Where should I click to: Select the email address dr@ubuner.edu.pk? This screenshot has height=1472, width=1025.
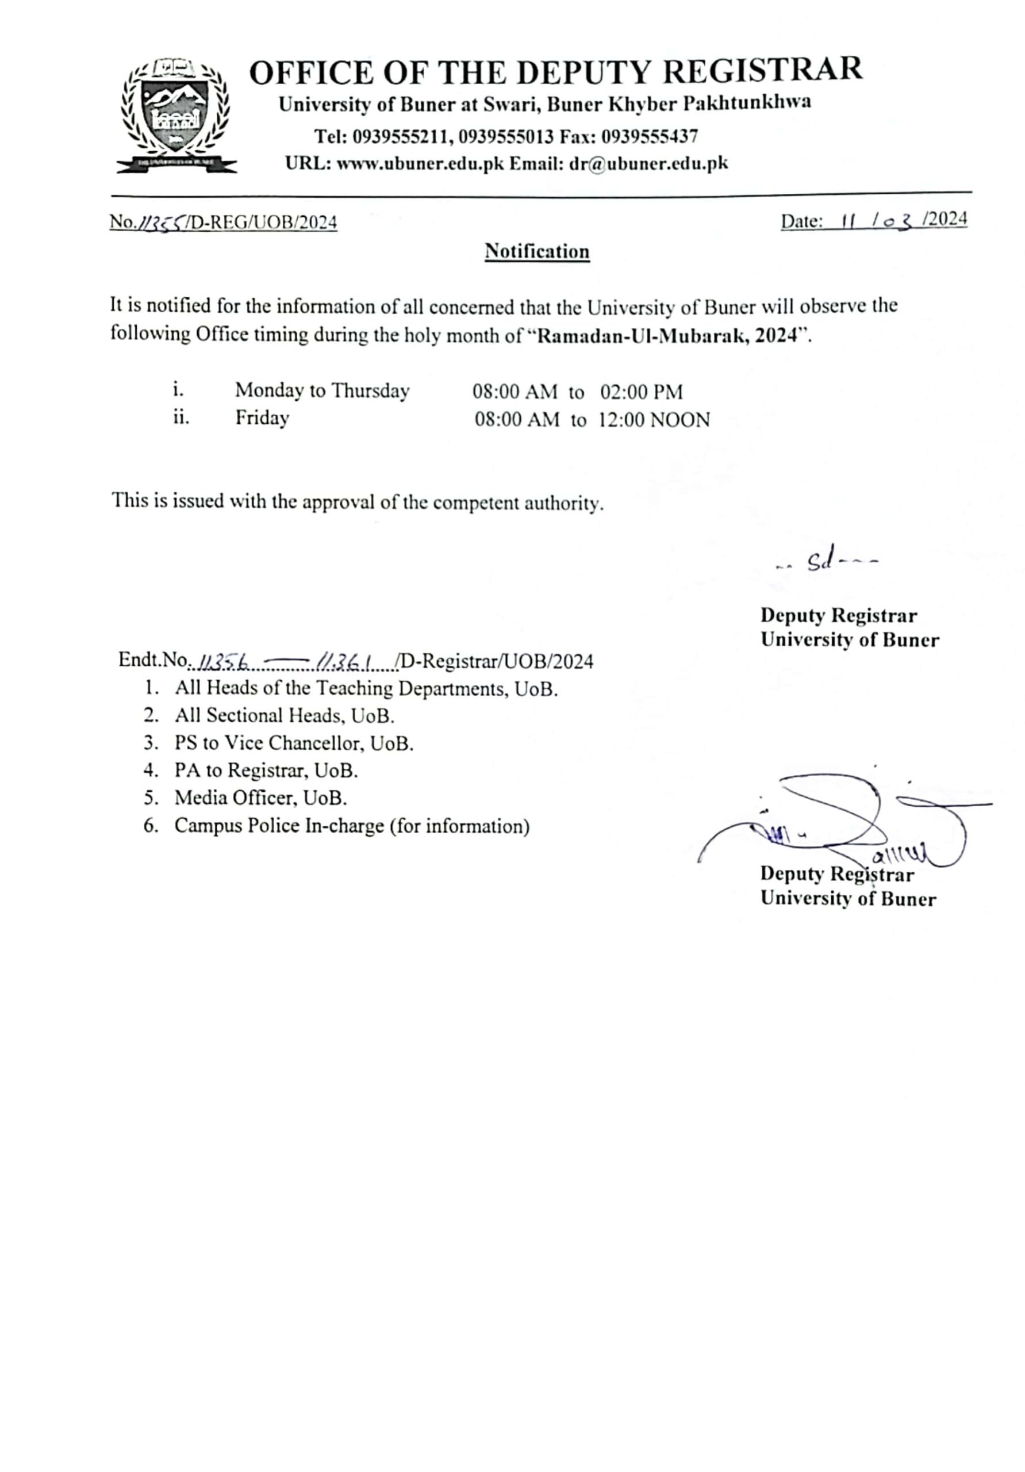point(648,163)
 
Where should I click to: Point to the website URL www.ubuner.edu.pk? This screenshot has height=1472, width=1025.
point(420,163)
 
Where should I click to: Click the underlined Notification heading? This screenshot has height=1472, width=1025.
point(536,251)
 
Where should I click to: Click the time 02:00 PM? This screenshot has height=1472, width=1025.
point(641,392)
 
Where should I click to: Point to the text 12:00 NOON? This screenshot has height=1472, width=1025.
point(654,420)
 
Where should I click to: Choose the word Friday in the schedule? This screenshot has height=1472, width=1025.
point(262,418)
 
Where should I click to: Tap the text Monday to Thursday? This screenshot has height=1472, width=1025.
point(322,390)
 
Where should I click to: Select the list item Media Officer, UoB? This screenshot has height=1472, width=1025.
point(260,798)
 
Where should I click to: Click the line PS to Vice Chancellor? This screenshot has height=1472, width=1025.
point(294,743)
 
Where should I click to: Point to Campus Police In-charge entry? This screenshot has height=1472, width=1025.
point(351,826)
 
